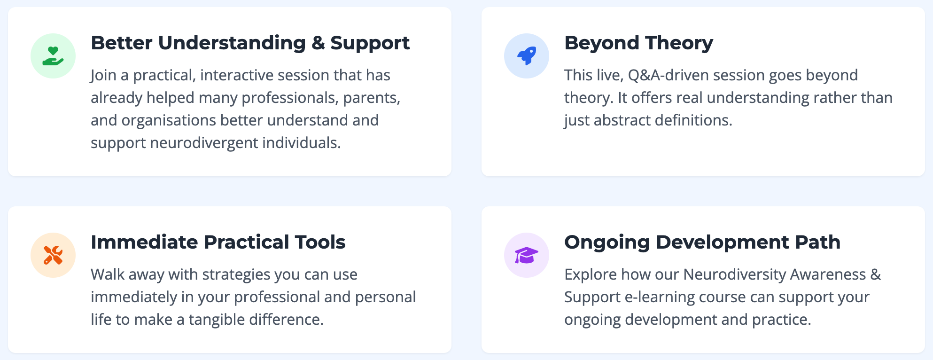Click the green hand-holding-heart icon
(x=53, y=56)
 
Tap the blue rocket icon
(x=527, y=56)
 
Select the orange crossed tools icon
(x=53, y=255)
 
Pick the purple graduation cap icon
(x=527, y=255)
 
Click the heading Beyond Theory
(x=638, y=43)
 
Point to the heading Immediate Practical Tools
(x=218, y=242)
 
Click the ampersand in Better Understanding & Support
(x=318, y=43)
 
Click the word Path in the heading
(x=817, y=242)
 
